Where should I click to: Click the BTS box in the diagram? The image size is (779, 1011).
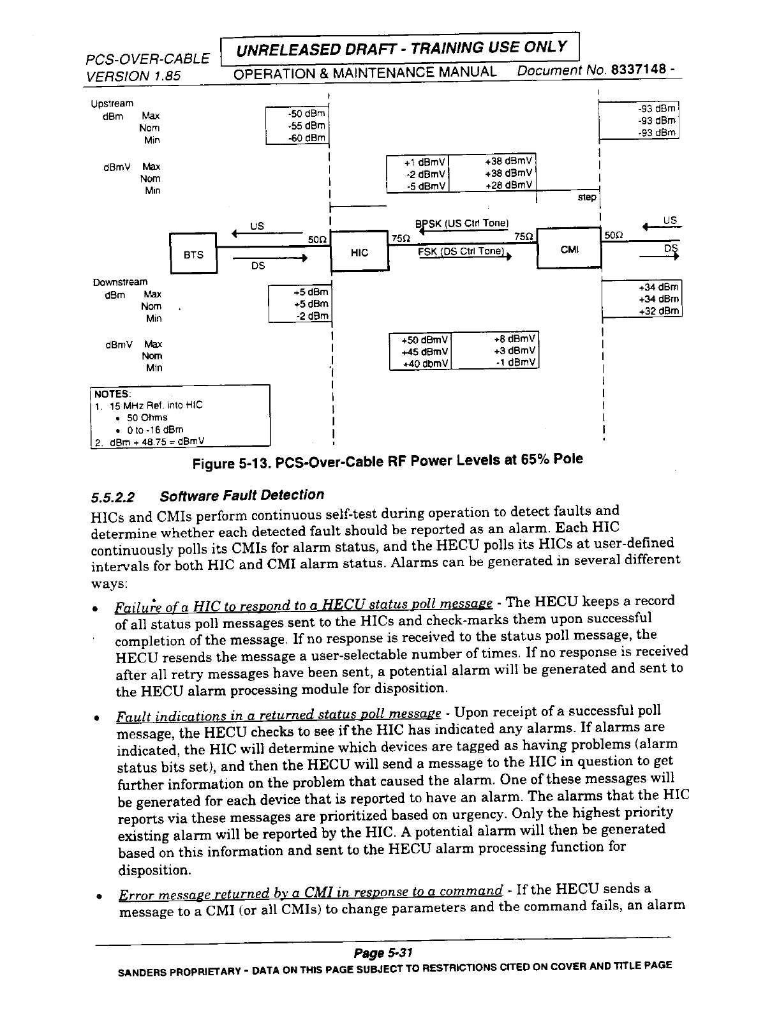click(x=193, y=255)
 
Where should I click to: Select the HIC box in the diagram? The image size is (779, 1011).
click(x=360, y=253)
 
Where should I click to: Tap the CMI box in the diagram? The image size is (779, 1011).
click(x=569, y=249)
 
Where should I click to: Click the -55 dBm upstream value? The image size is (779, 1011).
click(x=307, y=126)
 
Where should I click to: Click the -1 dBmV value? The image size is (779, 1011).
click(x=516, y=363)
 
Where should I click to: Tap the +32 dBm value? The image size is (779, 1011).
click(x=660, y=311)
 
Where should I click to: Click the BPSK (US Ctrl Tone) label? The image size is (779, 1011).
click(x=461, y=223)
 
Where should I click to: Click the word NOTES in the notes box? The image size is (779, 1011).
click(x=112, y=393)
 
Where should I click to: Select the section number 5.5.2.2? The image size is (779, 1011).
click(x=115, y=496)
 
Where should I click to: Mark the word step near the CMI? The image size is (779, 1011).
click(x=586, y=198)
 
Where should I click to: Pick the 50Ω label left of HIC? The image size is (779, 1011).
click(x=317, y=239)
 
